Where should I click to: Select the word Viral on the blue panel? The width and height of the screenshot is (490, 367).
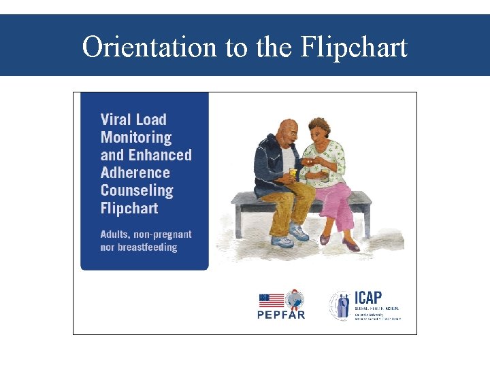[x=116, y=120]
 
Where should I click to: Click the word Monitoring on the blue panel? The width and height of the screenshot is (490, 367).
[x=136, y=137]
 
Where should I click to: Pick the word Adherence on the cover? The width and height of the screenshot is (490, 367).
[x=135, y=173]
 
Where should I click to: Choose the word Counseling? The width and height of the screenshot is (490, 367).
[x=137, y=190]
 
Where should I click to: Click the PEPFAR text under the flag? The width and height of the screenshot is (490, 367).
[x=281, y=315]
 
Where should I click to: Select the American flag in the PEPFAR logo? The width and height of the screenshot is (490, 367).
[x=272, y=300]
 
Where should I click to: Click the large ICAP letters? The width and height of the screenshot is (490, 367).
[x=368, y=298]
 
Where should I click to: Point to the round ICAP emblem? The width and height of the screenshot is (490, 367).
[x=340, y=305]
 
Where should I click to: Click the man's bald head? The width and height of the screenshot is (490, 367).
[x=289, y=129]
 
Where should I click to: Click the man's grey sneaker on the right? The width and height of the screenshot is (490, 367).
[x=298, y=232]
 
